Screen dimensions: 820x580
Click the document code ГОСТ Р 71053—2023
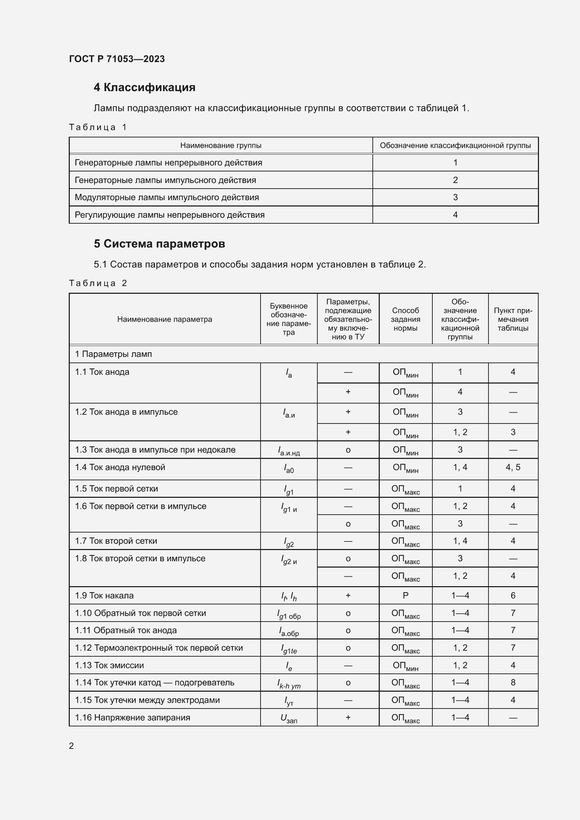tap(117, 59)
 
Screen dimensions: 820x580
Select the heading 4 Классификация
tap(144, 88)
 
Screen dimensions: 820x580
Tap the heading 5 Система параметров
tap(159, 244)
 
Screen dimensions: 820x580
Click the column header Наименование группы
tap(221, 145)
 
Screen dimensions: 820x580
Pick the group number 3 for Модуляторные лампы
tap(455, 197)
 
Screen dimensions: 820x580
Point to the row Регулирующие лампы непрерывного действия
tap(170, 215)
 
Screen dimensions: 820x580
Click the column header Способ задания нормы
tap(405, 319)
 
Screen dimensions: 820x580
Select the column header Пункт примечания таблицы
tap(513, 319)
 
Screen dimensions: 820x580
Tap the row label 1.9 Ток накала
tap(104, 595)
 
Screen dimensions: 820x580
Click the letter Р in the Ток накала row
tap(405, 595)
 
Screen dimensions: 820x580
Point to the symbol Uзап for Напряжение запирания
tap(289, 718)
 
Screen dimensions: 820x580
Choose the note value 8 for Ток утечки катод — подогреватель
tap(513, 683)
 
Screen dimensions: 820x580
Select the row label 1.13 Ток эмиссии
tap(109, 665)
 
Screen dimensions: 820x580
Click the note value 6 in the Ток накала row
tap(513, 595)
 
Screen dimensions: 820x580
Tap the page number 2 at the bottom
tap(72, 746)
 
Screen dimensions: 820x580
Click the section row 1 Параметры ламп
tap(113, 354)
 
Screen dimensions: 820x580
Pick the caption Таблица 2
tap(98, 283)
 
